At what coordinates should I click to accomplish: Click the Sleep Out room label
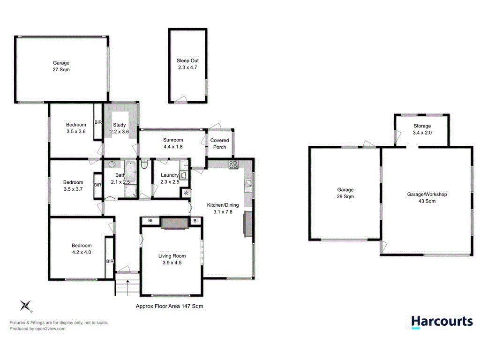pyautogui.click(x=187, y=64)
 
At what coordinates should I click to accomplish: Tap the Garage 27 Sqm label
pyautogui.click(x=61, y=66)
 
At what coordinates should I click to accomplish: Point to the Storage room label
pyautogui.click(x=422, y=129)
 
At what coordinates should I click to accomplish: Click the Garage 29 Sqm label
pyautogui.click(x=345, y=193)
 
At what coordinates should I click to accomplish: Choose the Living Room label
pyautogui.click(x=172, y=259)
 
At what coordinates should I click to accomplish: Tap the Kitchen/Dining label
pyautogui.click(x=223, y=208)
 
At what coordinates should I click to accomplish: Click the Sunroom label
pyautogui.click(x=172, y=143)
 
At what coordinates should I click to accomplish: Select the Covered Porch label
pyautogui.click(x=219, y=143)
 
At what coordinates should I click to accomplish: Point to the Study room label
pyautogui.click(x=119, y=128)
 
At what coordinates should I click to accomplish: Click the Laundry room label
pyautogui.click(x=169, y=179)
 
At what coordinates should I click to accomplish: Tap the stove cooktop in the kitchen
pyautogui.click(x=233, y=165)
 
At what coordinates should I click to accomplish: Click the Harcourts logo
pyautogui.click(x=442, y=322)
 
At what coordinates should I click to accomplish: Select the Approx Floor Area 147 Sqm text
pyautogui.click(x=169, y=306)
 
